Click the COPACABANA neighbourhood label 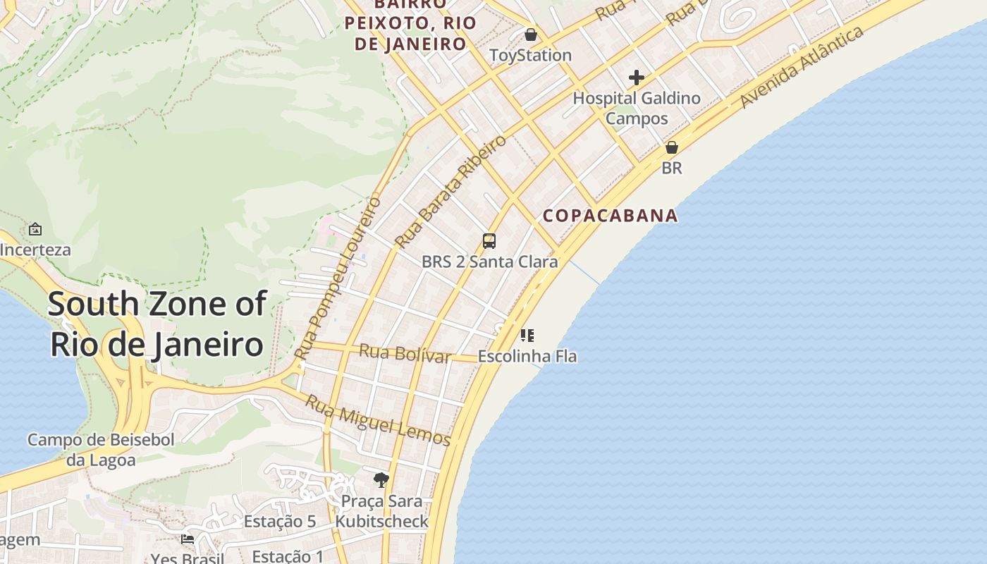click(611, 216)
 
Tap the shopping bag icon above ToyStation click(531, 34)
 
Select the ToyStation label click(530, 55)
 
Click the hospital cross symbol click(637, 78)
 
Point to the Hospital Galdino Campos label click(637, 108)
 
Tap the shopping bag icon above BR click(672, 147)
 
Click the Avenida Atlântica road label click(802, 68)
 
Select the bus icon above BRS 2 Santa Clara click(489, 241)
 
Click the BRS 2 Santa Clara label click(489, 262)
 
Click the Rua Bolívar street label click(405, 353)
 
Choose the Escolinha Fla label click(527, 357)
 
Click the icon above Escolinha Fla click(527, 336)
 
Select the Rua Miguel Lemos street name click(378, 421)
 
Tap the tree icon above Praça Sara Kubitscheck click(381, 480)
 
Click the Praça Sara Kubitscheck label click(381, 511)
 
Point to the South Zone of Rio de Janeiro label click(157, 324)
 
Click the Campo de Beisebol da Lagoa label click(101, 450)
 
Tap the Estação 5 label click(280, 522)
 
